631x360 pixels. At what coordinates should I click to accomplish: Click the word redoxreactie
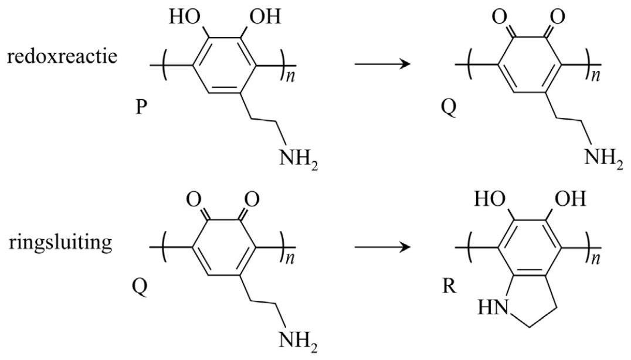(62, 56)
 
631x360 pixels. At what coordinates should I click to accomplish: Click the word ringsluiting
(60, 243)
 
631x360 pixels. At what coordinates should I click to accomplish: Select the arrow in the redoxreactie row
(383, 64)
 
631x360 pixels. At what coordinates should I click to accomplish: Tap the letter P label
(140, 107)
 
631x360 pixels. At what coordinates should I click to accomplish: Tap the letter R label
(449, 286)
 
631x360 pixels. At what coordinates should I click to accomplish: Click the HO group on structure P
(185, 17)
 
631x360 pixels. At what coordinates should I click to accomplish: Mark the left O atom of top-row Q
(498, 17)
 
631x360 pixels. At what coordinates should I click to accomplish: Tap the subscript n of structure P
(290, 76)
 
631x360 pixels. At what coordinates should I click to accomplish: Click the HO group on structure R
(490, 199)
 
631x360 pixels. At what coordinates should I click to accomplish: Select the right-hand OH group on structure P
(265, 17)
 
